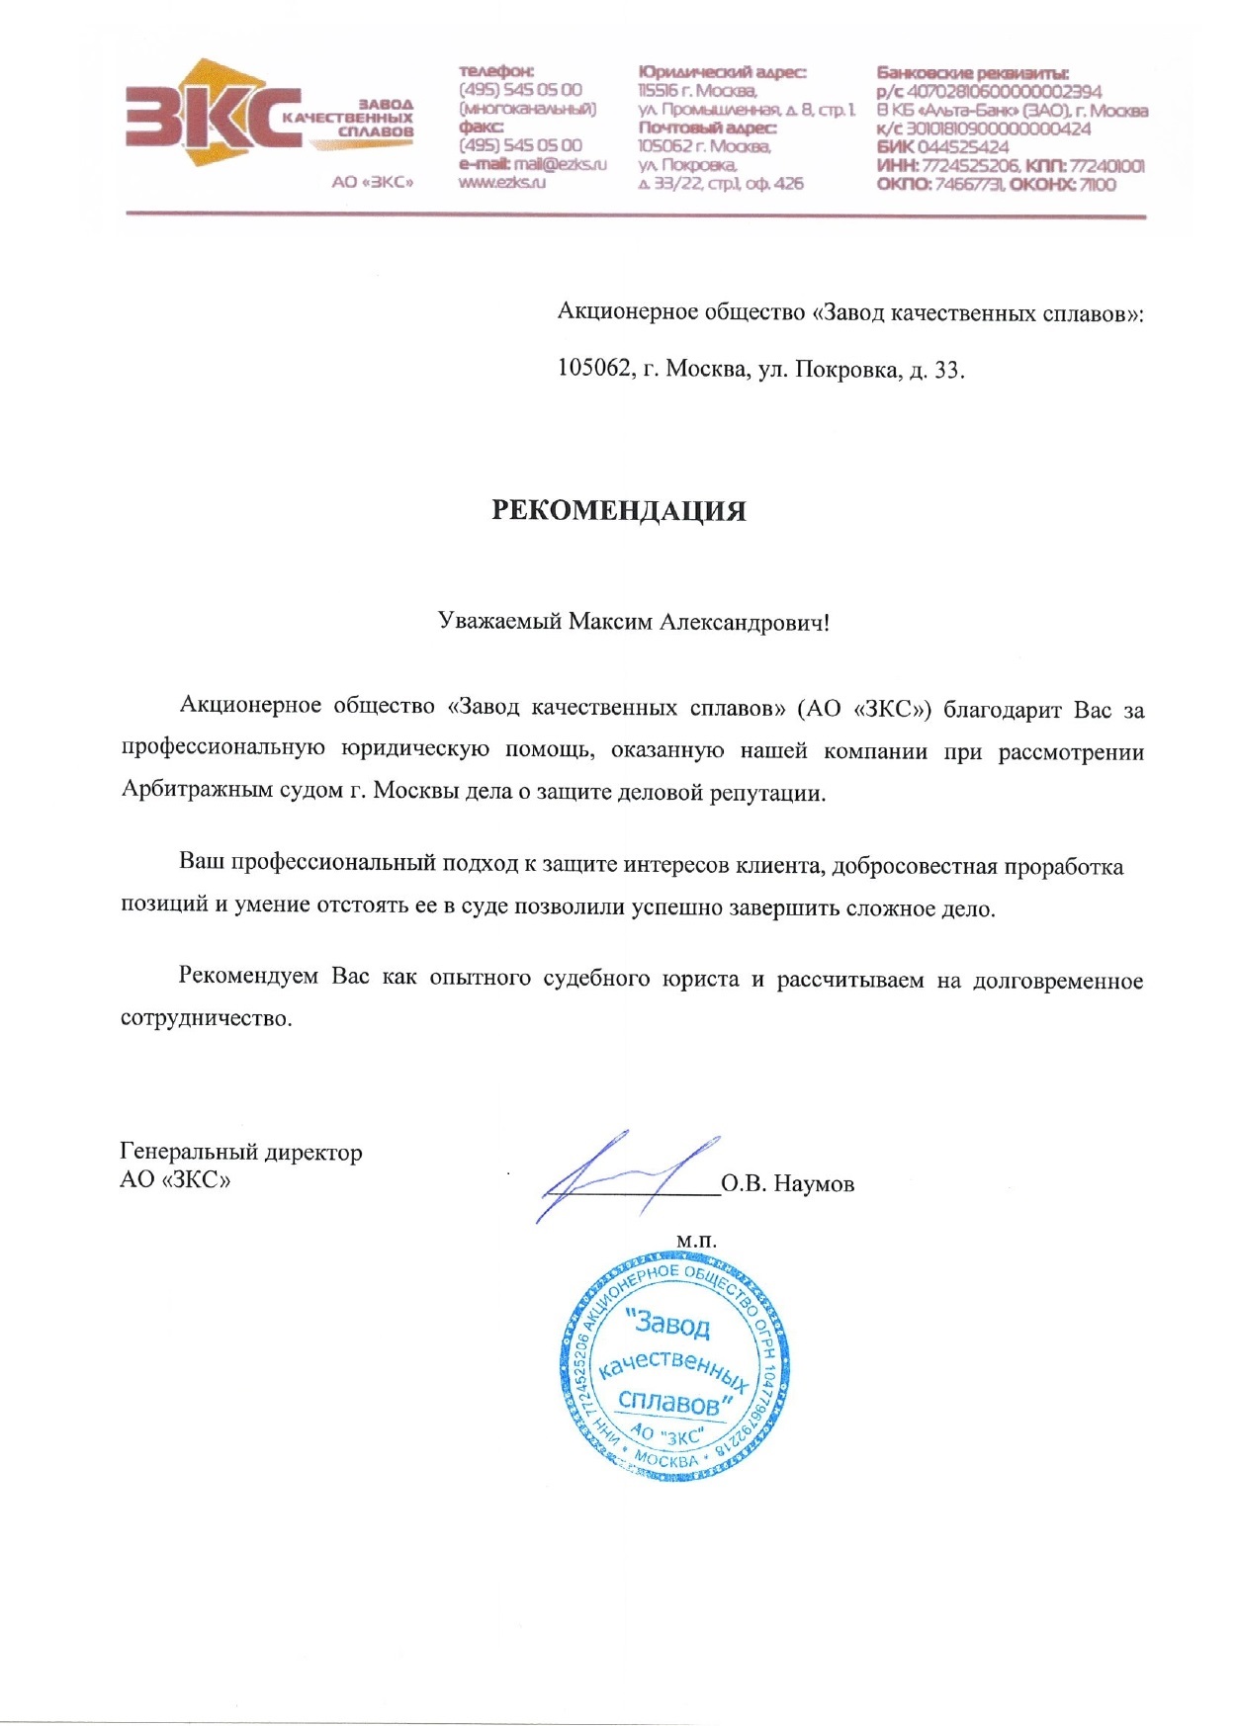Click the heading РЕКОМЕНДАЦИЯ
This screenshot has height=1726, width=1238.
[619, 511]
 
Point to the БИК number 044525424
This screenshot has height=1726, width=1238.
[963, 147]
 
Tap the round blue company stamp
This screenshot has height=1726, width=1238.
[674, 1366]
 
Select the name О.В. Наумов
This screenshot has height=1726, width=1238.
[787, 1184]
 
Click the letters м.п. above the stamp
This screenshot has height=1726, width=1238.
[696, 1241]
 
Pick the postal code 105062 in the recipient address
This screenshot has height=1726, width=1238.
[594, 370]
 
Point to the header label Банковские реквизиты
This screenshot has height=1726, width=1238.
[972, 72]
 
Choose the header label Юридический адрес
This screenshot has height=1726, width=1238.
[722, 72]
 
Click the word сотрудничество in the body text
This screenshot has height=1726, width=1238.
[206, 1018]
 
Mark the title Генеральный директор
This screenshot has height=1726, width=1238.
[241, 1152]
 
